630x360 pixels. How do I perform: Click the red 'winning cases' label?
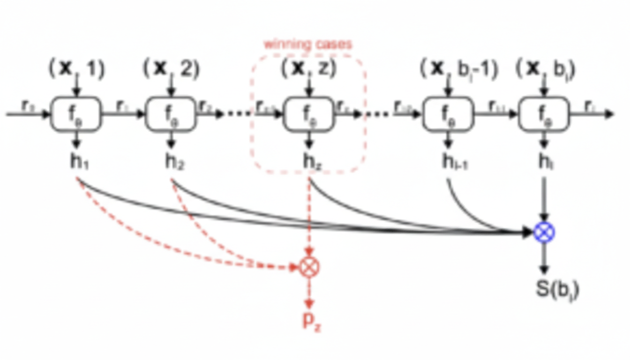click(x=307, y=45)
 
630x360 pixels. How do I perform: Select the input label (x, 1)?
click(x=77, y=69)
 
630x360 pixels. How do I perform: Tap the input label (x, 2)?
click(x=171, y=69)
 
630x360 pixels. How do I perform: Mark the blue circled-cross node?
click(x=544, y=232)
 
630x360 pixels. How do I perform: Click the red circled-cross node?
click(x=309, y=267)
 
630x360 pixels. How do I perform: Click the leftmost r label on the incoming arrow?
click(x=28, y=106)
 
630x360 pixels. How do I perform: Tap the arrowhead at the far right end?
click(x=609, y=114)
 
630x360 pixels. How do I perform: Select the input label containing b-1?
click(x=458, y=69)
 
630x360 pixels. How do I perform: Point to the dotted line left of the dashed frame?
click(x=239, y=114)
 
